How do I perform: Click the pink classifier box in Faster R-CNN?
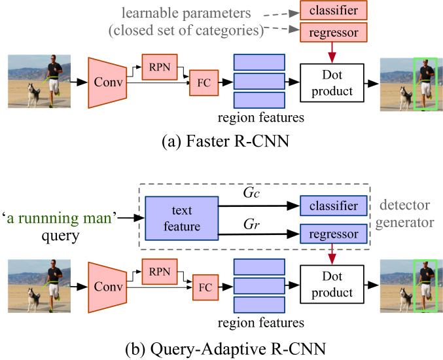(x=333, y=10)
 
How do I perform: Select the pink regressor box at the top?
(x=333, y=33)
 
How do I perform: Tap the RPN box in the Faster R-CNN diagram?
(x=160, y=67)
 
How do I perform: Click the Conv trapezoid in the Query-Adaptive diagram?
(x=107, y=287)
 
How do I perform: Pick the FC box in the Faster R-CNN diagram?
(x=204, y=82)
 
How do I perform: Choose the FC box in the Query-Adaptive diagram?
(x=205, y=287)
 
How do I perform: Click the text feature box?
(x=182, y=219)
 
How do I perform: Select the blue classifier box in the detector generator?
(x=333, y=206)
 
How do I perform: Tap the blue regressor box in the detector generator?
(x=333, y=234)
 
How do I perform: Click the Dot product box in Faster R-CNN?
(x=332, y=82)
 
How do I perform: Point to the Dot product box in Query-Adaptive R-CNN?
(x=332, y=284)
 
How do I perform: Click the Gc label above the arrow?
(x=251, y=193)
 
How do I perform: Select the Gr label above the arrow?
(x=251, y=225)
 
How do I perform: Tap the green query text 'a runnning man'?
(x=60, y=219)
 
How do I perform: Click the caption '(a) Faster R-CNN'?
(x=226, y=141)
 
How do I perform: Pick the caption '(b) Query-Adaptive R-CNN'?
(x=226, y=349)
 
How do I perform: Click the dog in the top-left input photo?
(x=34, y=95)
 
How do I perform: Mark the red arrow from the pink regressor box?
(x=332, y=52)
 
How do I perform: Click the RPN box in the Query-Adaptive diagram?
(x=160, y=272)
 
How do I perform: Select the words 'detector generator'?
(x=404, y=213)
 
